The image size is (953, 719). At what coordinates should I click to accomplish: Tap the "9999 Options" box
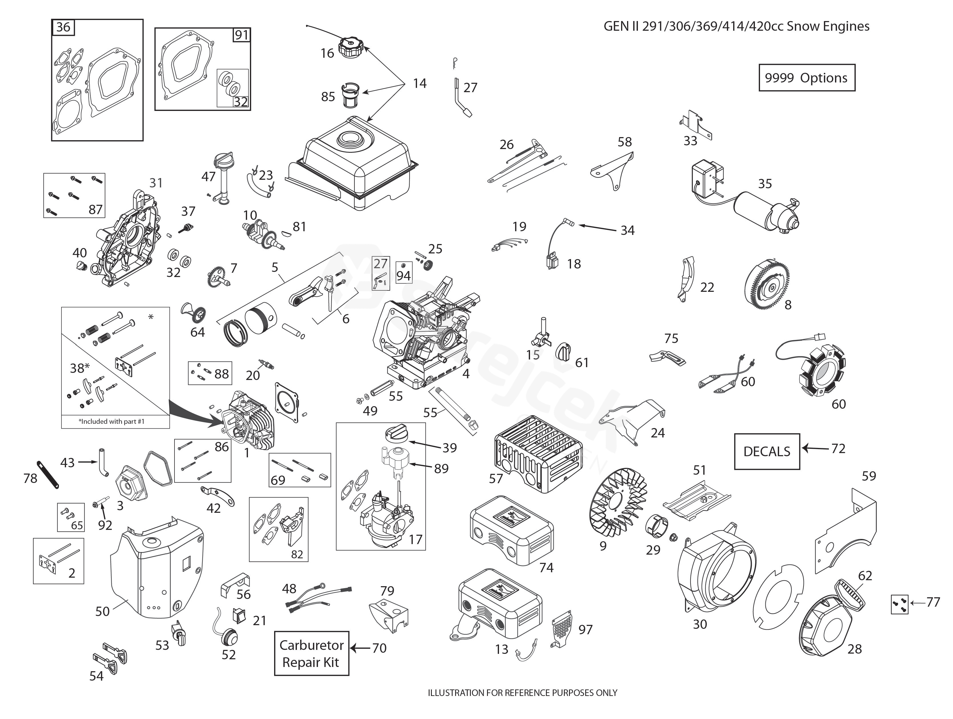point(806,78)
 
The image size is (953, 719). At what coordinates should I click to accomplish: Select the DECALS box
point(767,451)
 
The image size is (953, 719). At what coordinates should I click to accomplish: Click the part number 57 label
point(496,478)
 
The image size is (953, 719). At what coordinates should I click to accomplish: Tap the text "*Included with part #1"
point(111,422)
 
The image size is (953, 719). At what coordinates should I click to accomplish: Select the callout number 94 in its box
point(404,276)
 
